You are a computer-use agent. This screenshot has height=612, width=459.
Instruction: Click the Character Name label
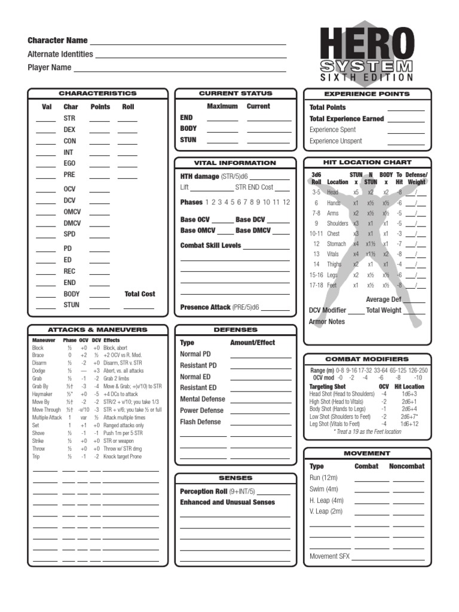click(x=57, y=41)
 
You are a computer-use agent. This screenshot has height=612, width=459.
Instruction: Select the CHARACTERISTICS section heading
click(x=97, y=94)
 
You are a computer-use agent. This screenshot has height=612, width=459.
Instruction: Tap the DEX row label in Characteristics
click(x=70, y=130)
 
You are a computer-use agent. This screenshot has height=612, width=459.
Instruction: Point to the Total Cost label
click(x=140, y=294)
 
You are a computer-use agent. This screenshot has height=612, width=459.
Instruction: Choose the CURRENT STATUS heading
click(x=235, y=94)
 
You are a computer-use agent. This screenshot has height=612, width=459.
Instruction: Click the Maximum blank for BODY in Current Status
click(x=222, y=129)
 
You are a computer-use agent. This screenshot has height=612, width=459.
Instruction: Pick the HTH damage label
click(x=200, y=177)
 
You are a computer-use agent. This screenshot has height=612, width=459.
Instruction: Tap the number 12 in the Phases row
click(x=286, y=203)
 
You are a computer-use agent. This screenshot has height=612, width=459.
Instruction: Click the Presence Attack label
click(x=205, y=307)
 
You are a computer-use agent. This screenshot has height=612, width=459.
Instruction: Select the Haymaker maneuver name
click(x=43, y=394)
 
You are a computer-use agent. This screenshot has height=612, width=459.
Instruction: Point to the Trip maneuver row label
click(x=37, y=457)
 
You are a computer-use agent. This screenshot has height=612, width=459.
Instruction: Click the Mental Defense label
click(x=203, y=399)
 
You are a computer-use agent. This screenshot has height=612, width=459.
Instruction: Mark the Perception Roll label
click(x=203, y=491)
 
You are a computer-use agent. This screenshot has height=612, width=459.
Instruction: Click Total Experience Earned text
click(x=347, y=119)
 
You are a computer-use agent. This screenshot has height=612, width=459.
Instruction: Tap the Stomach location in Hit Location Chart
click(x=337, y=244)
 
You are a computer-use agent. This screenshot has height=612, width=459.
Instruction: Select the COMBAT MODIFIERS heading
click(x=367, y=359)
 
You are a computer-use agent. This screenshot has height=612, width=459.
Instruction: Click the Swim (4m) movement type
click(x=323, y=489)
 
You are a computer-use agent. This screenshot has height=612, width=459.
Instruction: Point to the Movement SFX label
click(x=329, y=556)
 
